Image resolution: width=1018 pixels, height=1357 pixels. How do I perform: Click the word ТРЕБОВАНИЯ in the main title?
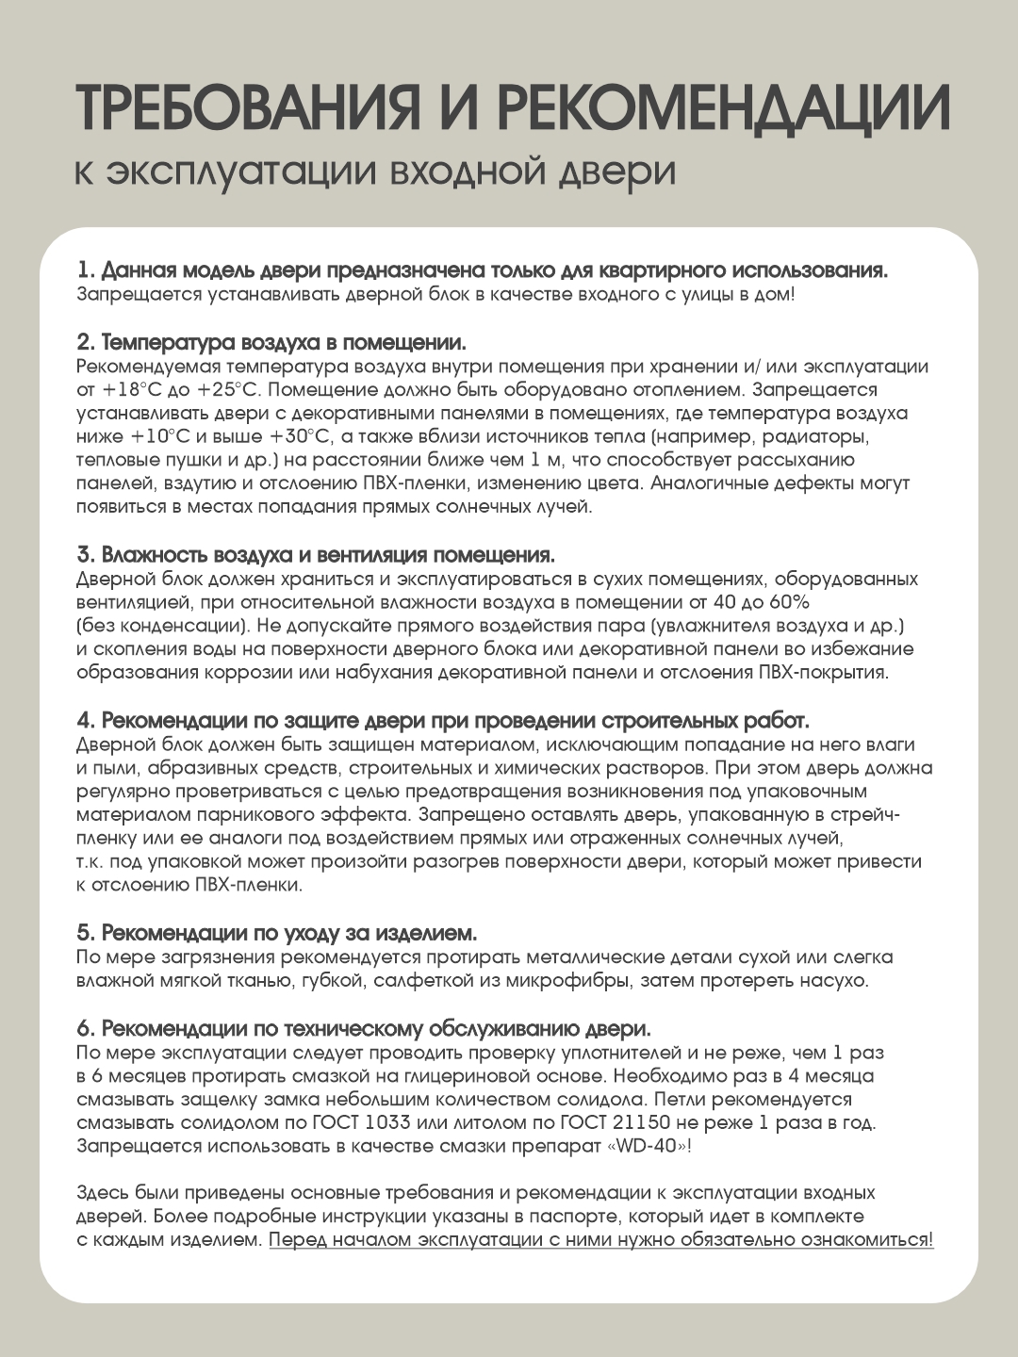tap(247, 108)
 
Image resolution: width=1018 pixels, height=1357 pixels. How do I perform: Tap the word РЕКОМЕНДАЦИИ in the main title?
tap(723, 108)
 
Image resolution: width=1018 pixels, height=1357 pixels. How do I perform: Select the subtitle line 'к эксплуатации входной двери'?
tap(375, 172)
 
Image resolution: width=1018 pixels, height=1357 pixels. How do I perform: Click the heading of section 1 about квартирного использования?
tap(482, 270)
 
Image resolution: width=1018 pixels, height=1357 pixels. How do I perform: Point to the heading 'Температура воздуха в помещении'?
tap(271, 341)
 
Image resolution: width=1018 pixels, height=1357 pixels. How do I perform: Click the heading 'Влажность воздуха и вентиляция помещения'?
tap(316, 554)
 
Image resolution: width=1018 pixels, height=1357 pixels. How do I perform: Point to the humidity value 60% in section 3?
tap(790, 602)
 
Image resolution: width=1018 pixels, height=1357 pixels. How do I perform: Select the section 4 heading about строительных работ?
tap(443, 721)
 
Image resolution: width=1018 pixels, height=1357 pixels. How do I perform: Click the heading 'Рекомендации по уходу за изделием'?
tap(277, 933)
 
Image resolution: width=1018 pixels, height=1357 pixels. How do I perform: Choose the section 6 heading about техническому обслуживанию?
tap(364, 1028)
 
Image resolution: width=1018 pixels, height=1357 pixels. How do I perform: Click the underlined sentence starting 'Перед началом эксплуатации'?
tap(601, 1240)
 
